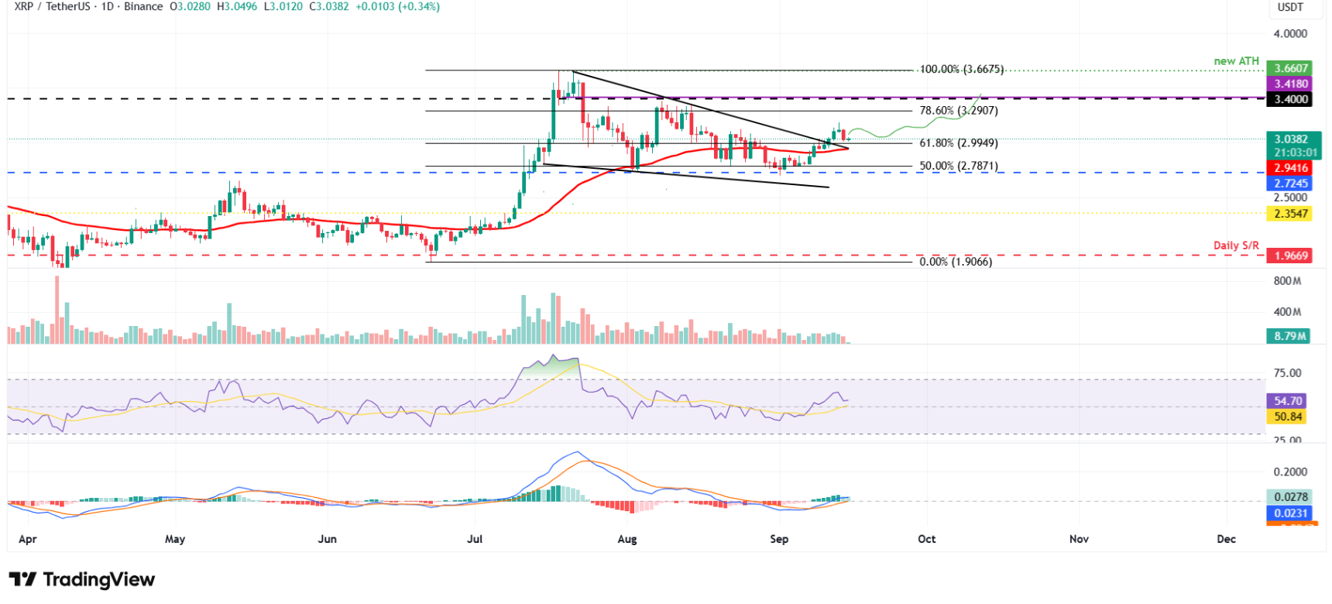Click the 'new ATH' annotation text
point(1236,61)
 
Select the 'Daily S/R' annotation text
point(1236,245)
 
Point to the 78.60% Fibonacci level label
point(959,111)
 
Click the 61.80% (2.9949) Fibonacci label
point(959,143)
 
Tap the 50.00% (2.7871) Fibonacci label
point(959,166)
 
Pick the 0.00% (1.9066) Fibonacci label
point(956,262)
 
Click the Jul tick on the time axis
point(475,539)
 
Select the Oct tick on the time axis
point(926,539)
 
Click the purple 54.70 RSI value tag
point(1288,401)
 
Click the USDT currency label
point(1290,7)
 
